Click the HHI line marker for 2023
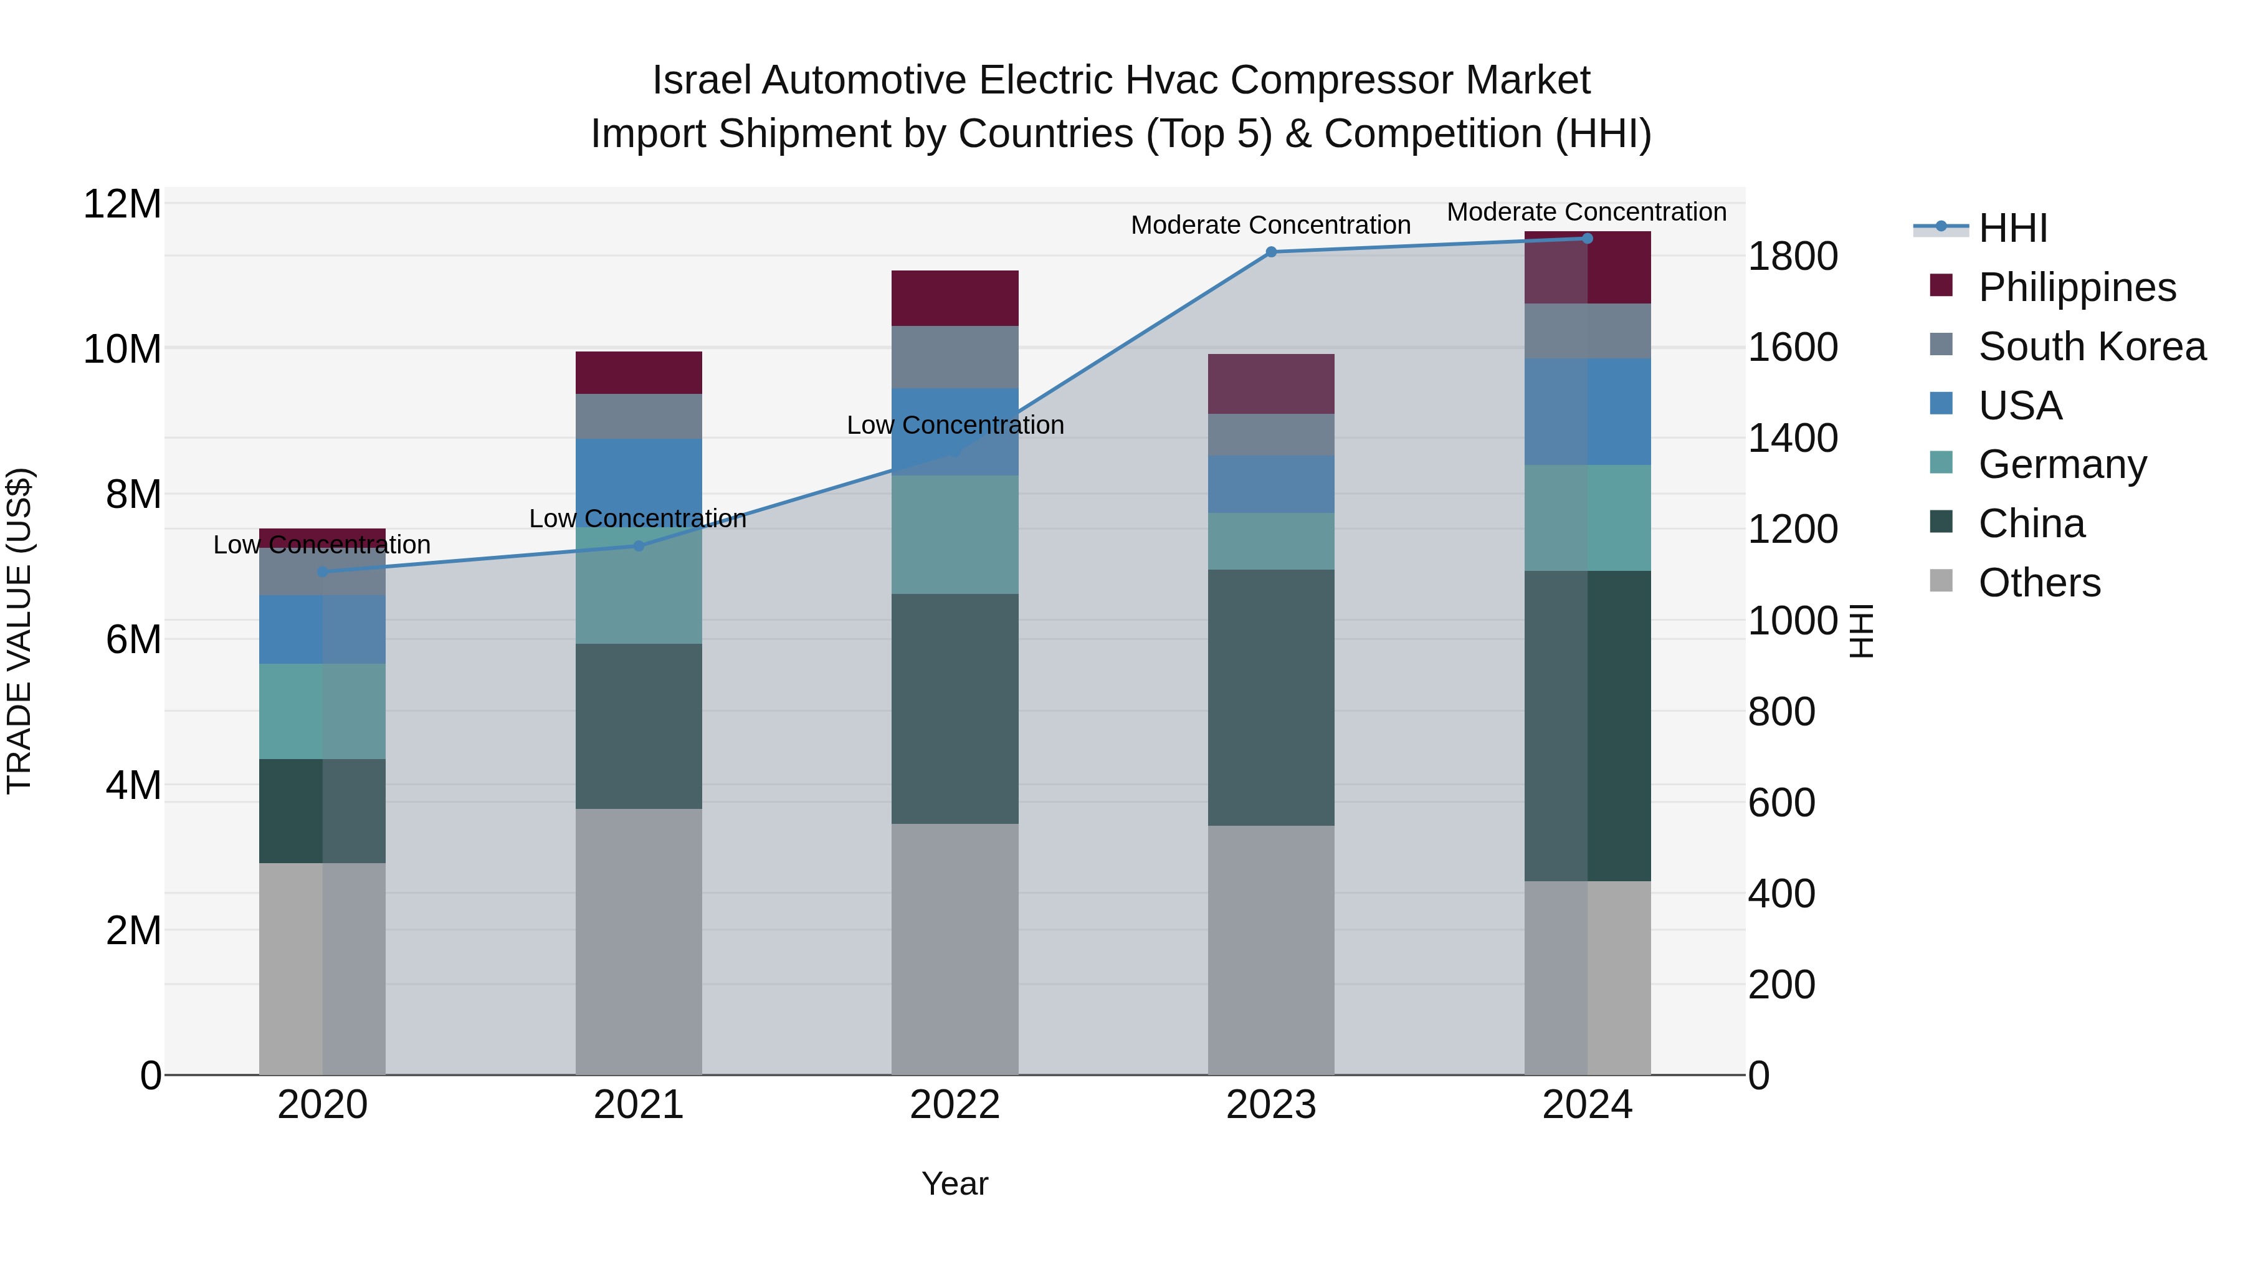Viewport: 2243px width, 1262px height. tap(1270, 252)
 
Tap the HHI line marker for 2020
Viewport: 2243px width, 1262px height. tap(322, 571)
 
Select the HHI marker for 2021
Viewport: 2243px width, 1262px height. tap(638, 546)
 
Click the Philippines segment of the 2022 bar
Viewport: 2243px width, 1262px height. tap(955, 298)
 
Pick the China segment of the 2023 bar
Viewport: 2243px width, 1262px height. tap(1270, 697)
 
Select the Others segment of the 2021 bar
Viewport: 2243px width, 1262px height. tap(638, 940)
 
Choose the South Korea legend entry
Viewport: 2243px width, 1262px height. tap(2092, 347)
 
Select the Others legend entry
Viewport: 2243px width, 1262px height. tap(2039, 583)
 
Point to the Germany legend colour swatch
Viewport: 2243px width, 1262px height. tap(1941, 462)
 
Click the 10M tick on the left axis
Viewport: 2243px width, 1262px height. tap(122, 349)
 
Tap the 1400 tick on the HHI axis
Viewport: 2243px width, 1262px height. tap(1793, 438)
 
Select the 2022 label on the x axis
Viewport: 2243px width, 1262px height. tap(955, 1105)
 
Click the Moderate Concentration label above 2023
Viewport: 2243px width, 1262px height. tap(1270, 225)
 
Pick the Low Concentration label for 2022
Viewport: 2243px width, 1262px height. tap(955, 425)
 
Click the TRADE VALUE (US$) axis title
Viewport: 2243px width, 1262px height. tap(19, 631)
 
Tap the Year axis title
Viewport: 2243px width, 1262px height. tap(955, 1183)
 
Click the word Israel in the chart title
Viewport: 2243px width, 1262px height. tap(701, 80)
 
